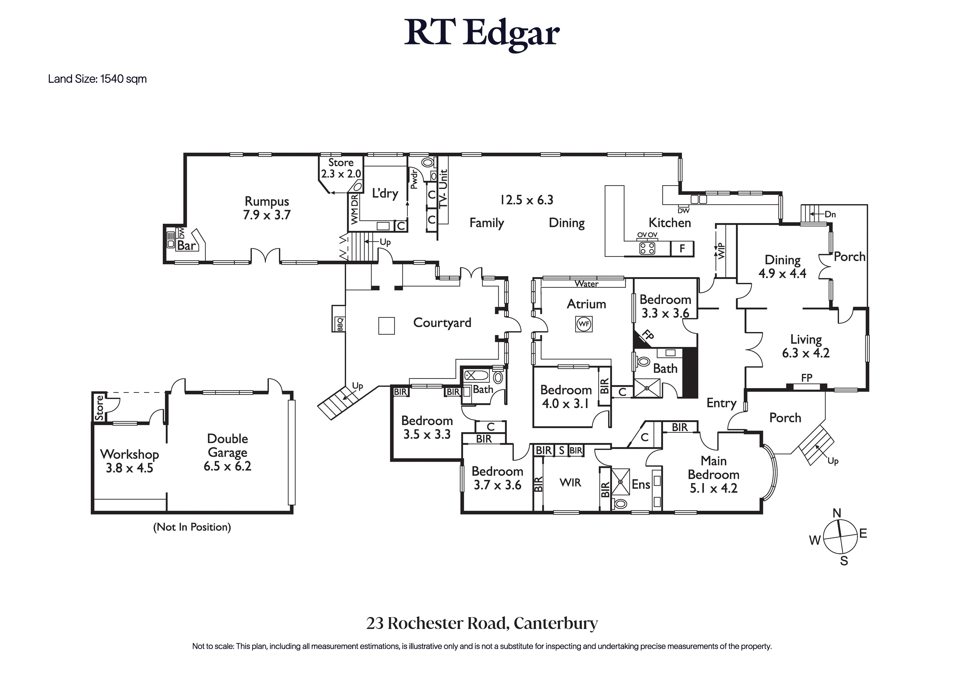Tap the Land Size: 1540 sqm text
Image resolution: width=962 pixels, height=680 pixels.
click(97, 79)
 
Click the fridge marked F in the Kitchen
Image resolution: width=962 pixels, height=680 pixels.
click(682, 249)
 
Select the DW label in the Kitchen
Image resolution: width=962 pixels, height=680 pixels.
click(683, 211)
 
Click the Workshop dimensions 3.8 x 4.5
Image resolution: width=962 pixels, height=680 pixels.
click(129, 468)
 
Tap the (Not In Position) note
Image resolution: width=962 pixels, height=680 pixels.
click(192, 527)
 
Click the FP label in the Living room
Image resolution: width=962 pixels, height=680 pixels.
click(806, 378)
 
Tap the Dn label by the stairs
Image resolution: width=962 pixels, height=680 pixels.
click(830, 214)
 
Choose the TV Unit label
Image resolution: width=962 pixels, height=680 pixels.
click(443, 188)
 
